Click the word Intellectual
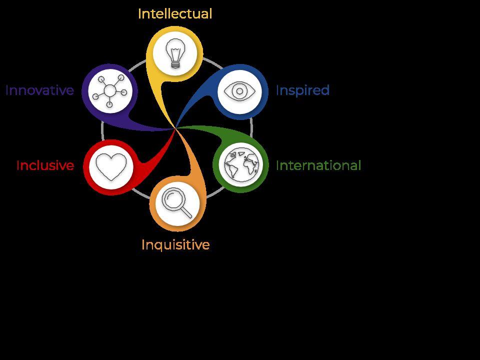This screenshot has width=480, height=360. tap(174, 14)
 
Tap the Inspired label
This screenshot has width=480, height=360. tap(302, 90)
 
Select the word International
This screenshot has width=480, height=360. tap(318, 165)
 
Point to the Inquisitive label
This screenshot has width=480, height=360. tap(175, 245)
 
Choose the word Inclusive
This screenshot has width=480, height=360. tap(45, 165)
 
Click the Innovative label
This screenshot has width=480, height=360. tap(39, 90)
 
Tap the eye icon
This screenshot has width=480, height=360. tap(240, 91)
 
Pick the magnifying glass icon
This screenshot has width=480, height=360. tap(177, 202)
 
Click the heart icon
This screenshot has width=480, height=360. tap(111, 166)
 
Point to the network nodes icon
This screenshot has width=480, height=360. tap(110, 91)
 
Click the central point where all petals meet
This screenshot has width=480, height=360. tap(175, 128)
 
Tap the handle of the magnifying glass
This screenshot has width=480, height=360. tap(185, 212)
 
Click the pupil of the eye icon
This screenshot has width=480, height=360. tap(240, 91)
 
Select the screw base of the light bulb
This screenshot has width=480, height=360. tap(175, 63)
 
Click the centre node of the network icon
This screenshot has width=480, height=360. tap(109, 91)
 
